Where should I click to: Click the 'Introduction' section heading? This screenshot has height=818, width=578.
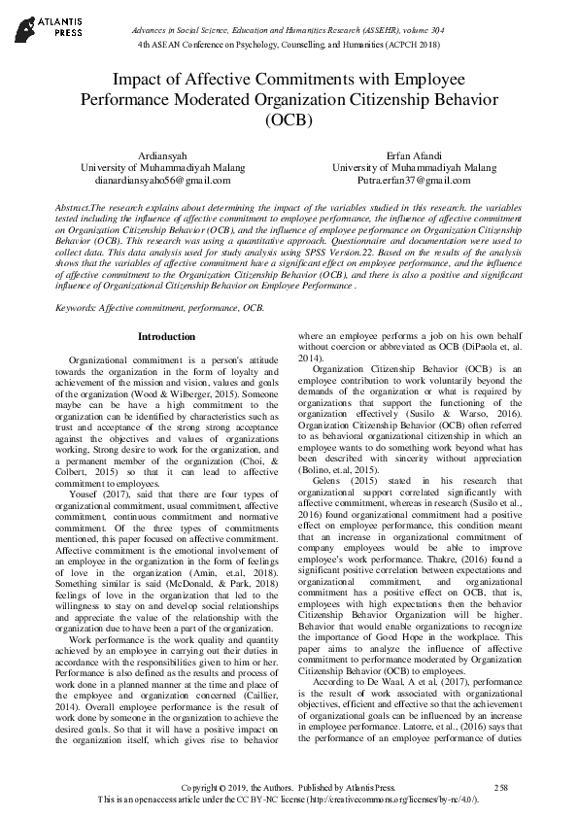click(x=166, y=336)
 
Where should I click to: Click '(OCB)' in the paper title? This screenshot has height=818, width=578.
click(x=289, y=121)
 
